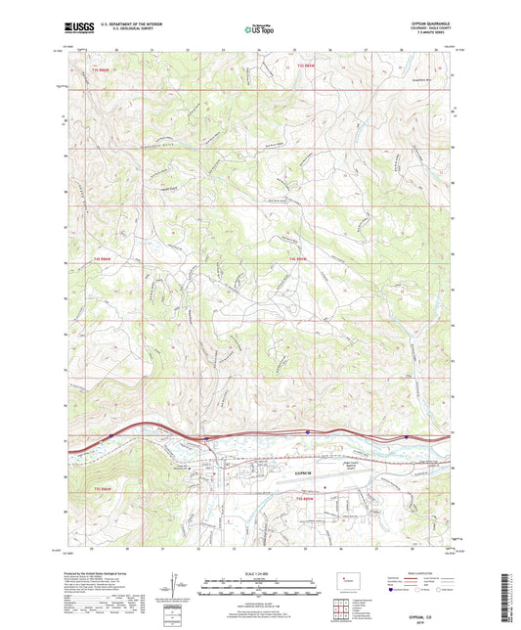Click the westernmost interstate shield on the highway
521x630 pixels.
(x=111, y=435)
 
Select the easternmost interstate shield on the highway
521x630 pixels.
(x=406, y=437)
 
